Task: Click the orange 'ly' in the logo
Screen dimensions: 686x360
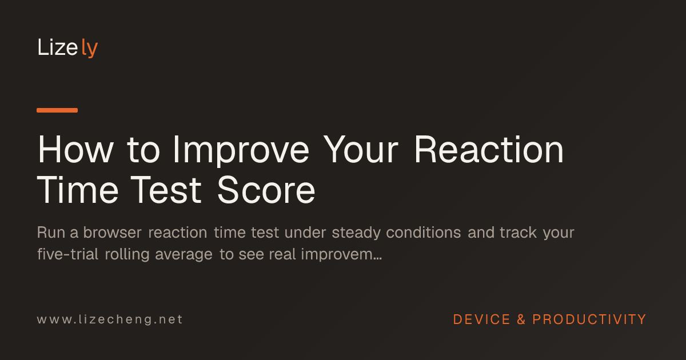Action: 89,48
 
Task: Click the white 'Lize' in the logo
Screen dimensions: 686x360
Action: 58,47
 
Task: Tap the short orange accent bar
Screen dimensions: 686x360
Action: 57,110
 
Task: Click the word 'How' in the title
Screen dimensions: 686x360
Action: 75,149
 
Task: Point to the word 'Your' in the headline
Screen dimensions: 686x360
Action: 361,149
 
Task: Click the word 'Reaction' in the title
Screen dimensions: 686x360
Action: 489,149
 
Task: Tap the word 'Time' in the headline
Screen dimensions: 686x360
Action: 78,190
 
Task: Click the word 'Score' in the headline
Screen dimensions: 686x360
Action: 266,190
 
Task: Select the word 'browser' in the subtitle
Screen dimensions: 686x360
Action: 112,233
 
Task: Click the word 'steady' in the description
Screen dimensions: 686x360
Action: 356,233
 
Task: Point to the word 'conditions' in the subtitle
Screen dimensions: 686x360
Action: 423,233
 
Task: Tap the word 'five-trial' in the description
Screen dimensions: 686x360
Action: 67,254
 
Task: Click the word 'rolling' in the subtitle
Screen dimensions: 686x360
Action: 127,255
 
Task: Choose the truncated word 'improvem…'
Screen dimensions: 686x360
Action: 341,255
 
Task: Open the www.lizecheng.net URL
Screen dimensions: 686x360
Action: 110,319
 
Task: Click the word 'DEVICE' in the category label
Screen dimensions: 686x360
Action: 481,319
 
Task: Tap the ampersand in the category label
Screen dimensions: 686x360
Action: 521,319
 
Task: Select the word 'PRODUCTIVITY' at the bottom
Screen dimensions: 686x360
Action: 589,319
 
